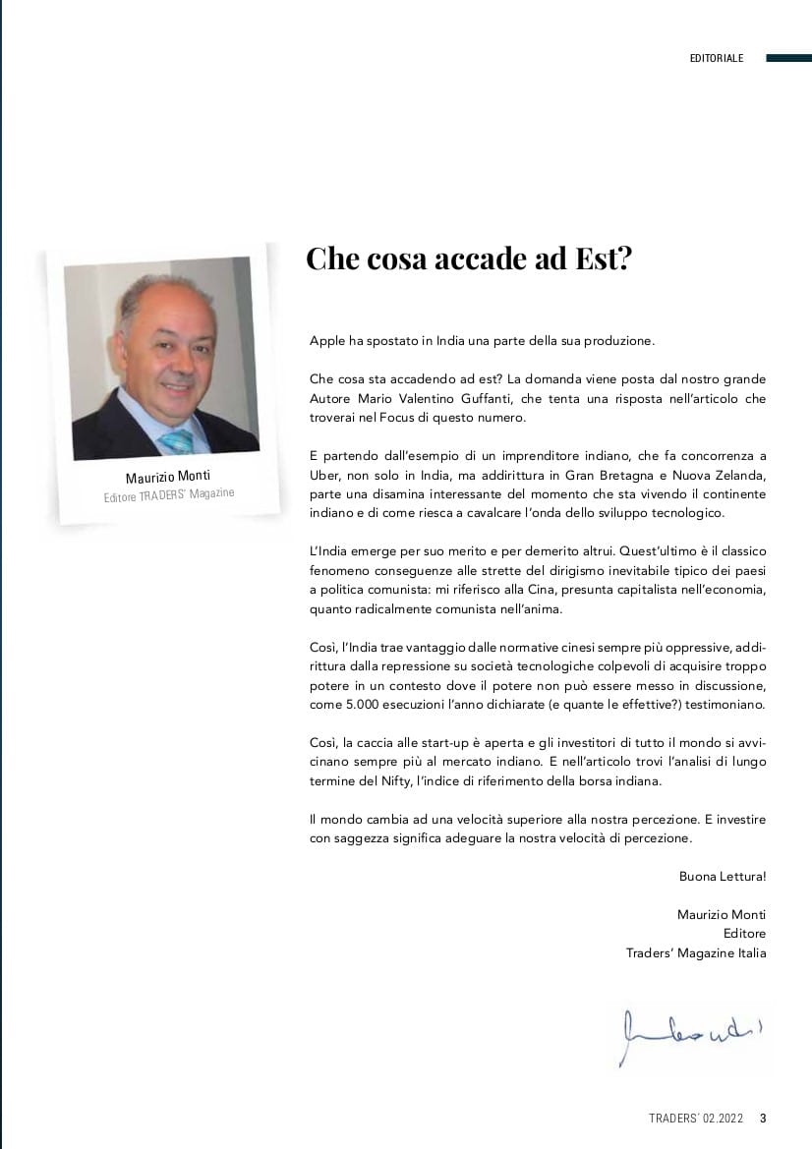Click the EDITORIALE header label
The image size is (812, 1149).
[717, 58]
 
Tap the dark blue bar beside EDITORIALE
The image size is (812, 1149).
[787, 58]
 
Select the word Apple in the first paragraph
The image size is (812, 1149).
[326, 340]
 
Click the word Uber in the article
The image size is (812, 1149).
[324, 475]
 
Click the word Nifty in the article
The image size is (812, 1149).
[381, 780]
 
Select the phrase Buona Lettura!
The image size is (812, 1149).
[722, 876]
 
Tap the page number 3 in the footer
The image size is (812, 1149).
[763, 1119]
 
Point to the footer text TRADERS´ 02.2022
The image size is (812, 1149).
[696, 1119]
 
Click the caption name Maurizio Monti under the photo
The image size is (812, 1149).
[168, 477]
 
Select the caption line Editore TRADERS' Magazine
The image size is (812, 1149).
[169, 494]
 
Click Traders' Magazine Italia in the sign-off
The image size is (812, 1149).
[696, 952]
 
